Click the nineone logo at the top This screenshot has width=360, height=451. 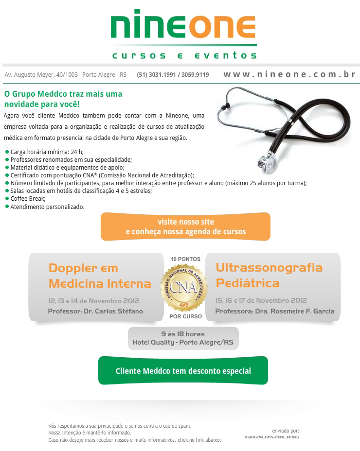(183, 27)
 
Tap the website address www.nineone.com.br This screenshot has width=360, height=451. (289, 75)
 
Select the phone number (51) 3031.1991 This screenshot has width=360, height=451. (156, 75)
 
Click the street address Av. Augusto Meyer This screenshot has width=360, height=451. (41, 75)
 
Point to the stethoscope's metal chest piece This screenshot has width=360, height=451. (266, 160)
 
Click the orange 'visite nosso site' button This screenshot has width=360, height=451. (185, 226)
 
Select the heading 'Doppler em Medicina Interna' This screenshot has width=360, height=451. (100, 276)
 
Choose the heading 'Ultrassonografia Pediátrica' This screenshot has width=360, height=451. (269, 275)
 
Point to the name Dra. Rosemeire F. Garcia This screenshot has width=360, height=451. (294, 311)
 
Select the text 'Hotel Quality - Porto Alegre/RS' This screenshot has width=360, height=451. (183, 343)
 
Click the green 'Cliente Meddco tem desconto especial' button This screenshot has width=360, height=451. (183, 371)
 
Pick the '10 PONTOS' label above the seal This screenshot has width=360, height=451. (185, 260)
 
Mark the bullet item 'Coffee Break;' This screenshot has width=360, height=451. (28, 199)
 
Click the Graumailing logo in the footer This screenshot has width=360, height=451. (271, 437)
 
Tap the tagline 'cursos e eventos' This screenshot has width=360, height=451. (184, 56)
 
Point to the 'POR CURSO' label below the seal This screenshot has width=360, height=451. (185, 316)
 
